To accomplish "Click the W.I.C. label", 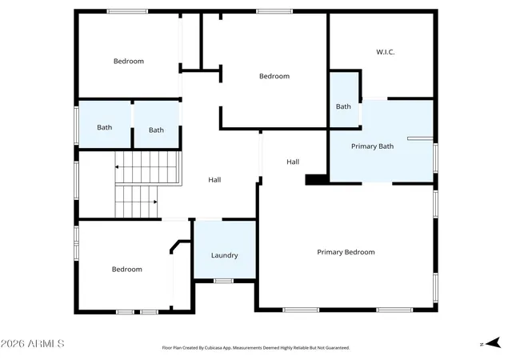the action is coord(386,52).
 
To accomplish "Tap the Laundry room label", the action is coord(224,255).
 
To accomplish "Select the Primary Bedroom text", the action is coord(346,252).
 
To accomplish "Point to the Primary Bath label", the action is coord(372,146).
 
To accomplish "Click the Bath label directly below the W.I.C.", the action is coord(343,106).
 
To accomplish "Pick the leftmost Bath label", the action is coord(105,127).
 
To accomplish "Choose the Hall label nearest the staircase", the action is coord(214,180).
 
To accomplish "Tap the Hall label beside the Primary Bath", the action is coord(293,162).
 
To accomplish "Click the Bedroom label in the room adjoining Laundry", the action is coord(127,269).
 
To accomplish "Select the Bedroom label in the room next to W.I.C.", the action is coord(274,76).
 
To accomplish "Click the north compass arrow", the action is coord(494,343).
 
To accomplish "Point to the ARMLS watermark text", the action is coord(32,344).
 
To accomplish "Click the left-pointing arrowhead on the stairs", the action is coord(117,167).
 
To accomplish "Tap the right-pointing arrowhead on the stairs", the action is coord(155,202).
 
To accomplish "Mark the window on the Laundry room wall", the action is coord(224,281).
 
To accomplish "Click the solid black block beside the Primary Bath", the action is coord(316,180).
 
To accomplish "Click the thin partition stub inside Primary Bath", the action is coord(420,138).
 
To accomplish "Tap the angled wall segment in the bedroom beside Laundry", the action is coord(175,246).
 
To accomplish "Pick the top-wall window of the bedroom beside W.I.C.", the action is coord(274,11).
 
